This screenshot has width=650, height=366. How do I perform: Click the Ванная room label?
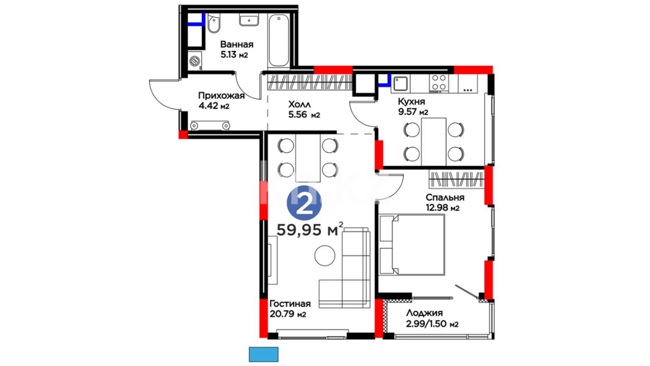[x=237, y=44]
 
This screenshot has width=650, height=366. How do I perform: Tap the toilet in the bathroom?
[x=214, y=23]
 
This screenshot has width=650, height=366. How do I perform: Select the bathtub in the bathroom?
[x=279, y=41]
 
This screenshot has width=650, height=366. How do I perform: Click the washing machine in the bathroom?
[x=195, y=61]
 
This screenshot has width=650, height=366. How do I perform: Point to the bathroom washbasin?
[x=249, y=20]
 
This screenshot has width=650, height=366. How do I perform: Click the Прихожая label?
[x=221, y=96]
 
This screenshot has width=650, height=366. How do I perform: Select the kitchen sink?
[x=400, y=83]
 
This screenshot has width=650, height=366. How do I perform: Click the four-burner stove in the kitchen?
[x=439, y=83]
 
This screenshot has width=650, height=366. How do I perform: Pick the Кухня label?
[x=411, y=101]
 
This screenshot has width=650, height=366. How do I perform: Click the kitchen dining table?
[x=434, y=142]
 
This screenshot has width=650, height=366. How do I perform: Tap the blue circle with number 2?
[x=304, y=203]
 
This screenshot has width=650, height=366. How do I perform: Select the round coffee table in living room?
[x=325, y=256]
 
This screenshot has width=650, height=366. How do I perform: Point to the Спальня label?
[x=445, y=197]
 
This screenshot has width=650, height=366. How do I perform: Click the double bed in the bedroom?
[x=412, y=245]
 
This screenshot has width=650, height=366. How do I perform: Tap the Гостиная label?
[x=290, y=304]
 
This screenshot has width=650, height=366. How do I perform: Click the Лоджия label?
[x=424, y=313]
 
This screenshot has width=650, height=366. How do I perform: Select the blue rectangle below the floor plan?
[x=264, y=354]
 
